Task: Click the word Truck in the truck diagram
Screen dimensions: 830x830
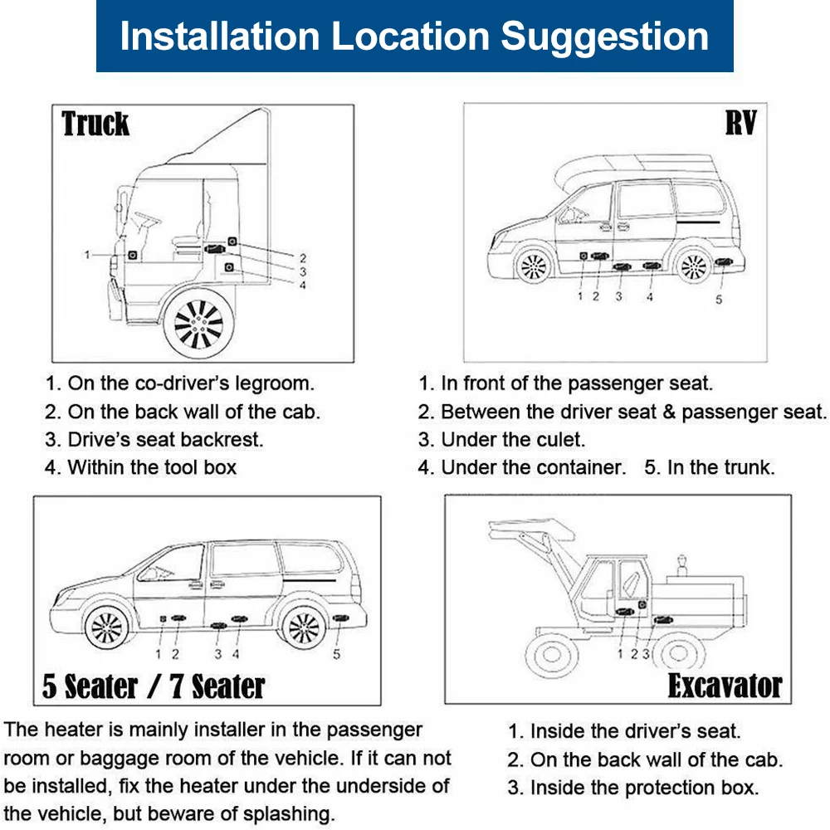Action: tap(95, 124)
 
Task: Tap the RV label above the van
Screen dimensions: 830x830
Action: tap(741, 124)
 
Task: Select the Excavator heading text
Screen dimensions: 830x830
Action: tap(725, 686)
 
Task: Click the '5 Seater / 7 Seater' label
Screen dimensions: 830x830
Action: tap(154, 686)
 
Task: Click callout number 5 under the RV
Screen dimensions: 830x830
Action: tap(719, 299)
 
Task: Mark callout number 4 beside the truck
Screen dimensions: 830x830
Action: tap(303, 285)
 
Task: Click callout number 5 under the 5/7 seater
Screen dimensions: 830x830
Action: tap(336, 654)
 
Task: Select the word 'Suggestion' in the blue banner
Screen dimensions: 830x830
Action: tap(606, 36)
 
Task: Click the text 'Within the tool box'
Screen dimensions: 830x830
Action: tap(152, 467)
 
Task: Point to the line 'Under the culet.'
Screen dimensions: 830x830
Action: tap(513, 439)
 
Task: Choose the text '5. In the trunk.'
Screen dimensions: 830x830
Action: tap(709, 467)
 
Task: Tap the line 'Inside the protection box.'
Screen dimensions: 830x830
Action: tap(644, 788)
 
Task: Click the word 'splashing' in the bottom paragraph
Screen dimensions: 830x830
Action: tap(282, 814)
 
